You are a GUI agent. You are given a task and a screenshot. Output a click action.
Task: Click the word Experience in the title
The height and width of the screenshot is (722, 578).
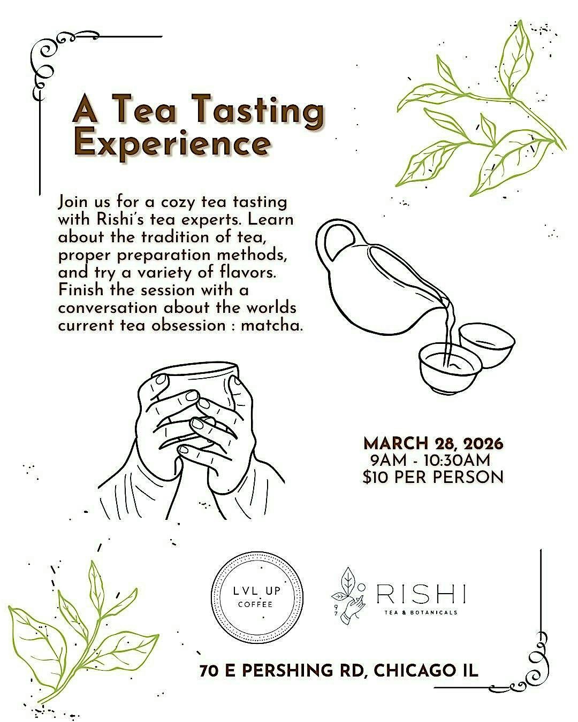point(172,143)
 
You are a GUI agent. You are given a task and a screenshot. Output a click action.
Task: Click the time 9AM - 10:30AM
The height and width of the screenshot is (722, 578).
point(430,460)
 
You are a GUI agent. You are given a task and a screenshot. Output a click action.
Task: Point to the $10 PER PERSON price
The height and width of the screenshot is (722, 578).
point(432,477)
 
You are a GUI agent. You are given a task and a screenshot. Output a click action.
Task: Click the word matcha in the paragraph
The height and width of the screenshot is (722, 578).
point(272,326)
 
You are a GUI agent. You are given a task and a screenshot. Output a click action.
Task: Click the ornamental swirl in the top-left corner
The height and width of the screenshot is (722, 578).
point(50,60)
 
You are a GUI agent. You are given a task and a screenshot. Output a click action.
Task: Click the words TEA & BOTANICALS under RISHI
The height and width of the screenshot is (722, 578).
point(421,612)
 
